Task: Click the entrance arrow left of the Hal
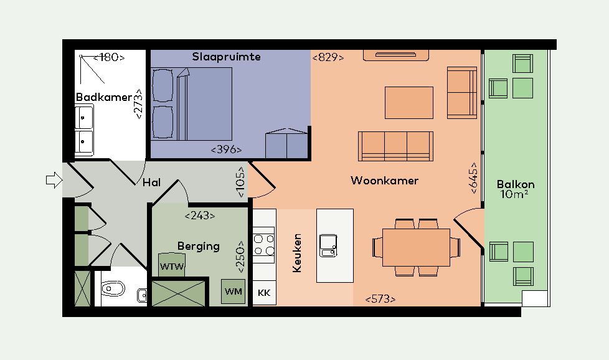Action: [x=54, y=180]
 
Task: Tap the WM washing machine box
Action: [x=234, y=291]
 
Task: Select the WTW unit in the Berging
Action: [x=172, y=265]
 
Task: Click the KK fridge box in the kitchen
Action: [x=264, y=293]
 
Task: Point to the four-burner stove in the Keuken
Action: [x=264, y=245]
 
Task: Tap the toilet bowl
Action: [x=113, y=288]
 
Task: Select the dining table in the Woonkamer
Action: [x=416, y=247]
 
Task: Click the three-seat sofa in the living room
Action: [x=395, y=146]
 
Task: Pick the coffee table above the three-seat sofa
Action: [x=409, y=103]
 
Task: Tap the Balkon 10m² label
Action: [x=516, y=189]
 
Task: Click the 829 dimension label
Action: [x=328, y=57]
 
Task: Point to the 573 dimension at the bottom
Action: [x=380, y=299]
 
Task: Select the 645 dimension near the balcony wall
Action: [x=474, y=178]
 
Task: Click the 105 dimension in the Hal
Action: [x=241, y=182]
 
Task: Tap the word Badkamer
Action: [x=104, y=97]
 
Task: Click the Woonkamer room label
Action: [x=384, y=181]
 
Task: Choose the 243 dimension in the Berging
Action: [x=200, y=216]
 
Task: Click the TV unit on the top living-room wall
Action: [x=396, y=55]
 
